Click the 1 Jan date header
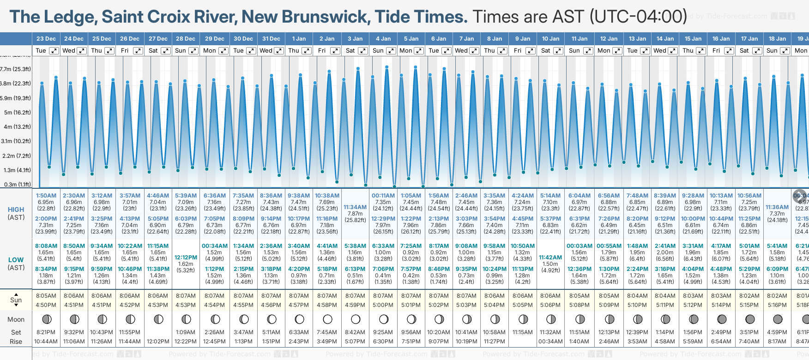pos(299,39)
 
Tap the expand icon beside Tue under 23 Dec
pos(54,51)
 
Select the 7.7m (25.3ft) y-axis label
pos(16,69)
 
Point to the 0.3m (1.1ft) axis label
pos(17,184)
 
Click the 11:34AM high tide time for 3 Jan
pos(355,207)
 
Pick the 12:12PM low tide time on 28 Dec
pos(186,258)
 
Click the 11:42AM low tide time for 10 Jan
pos(550,258)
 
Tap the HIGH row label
pos(16,210)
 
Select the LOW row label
pos(16,260)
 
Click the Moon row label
pos(16,319)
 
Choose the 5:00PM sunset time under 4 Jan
pos(383,305)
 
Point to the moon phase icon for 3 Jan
pos(355,319)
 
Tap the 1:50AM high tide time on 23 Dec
pos(46,196)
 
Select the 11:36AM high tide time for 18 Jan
pos(777,207)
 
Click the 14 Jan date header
pos(665,39)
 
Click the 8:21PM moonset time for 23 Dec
pos(46,332)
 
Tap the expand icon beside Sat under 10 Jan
pos(558,51)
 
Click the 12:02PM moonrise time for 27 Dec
pos(158,342)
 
